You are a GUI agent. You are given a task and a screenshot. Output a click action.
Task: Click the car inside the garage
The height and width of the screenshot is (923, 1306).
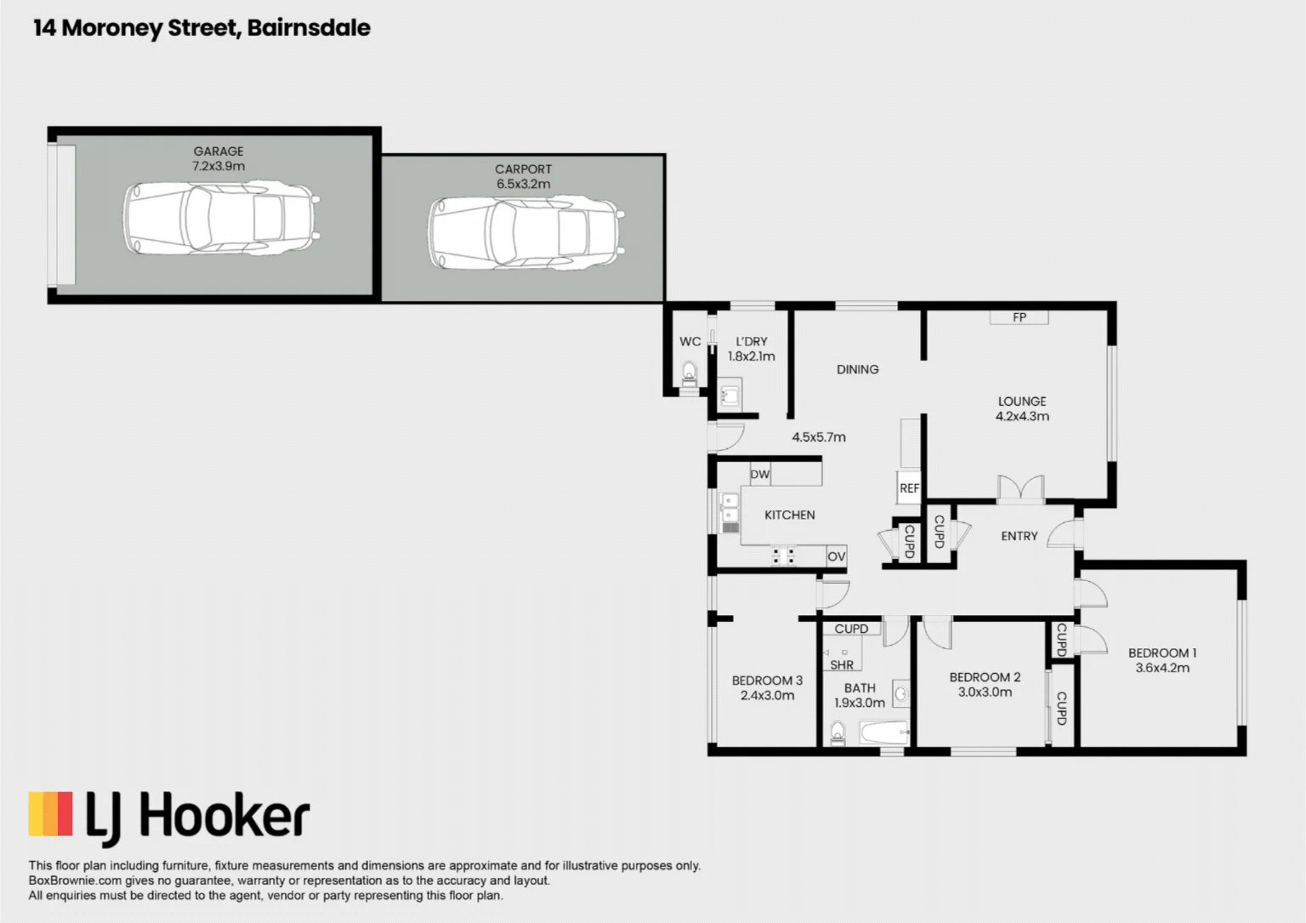pos(221,218)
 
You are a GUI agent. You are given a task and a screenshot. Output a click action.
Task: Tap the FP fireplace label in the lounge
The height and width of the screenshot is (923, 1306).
pos(1019,317)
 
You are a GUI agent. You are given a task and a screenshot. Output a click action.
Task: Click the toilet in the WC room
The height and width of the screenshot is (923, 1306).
pos(690,373)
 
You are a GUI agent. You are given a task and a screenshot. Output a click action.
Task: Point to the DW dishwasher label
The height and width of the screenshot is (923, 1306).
pos(759,475)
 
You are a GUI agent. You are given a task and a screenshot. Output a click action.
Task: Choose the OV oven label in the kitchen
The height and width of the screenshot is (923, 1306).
pos(836,556)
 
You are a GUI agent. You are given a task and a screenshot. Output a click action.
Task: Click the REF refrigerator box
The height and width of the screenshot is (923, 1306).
pos(909,488)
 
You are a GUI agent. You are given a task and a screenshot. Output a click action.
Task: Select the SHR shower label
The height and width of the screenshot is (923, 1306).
pos(841,664)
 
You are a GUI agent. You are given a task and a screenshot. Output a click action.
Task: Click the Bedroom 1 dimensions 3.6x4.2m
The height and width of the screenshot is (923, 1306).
pos(1162,668)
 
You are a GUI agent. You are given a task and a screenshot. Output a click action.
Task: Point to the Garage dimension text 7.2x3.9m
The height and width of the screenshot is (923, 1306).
pos(219,166)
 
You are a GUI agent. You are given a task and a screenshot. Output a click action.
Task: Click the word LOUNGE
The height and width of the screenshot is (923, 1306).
pos(1022,402)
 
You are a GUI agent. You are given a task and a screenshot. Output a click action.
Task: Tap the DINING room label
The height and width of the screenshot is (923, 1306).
pos(857,369)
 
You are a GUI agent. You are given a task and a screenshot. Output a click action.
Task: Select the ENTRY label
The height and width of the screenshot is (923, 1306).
pos(1019,536)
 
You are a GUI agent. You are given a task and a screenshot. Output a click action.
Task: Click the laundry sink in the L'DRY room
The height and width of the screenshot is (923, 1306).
pos(730,396)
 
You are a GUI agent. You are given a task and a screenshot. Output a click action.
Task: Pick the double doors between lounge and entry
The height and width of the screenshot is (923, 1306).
pos(1021,490)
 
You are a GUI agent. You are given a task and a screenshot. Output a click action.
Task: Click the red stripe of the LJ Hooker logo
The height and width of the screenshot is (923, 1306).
pos(65,813)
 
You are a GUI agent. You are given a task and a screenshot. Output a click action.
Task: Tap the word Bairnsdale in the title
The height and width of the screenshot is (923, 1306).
pos(309,28)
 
